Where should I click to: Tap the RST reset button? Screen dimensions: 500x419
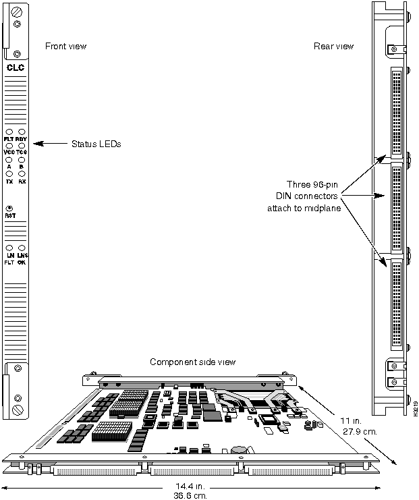point(10,209)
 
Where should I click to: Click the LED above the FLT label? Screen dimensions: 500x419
point(9,132)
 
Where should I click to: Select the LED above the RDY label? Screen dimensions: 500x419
point(22,132)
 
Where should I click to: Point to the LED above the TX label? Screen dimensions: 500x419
point(9,174)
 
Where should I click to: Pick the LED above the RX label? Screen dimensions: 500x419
point(22,174)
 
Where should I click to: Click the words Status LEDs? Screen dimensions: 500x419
point(96,143)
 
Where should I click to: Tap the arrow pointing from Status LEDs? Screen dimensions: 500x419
point(47,143)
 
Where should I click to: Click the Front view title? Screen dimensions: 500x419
point(65,46)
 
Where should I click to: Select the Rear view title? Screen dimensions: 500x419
point(333,46)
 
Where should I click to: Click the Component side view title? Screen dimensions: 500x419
point(192,362)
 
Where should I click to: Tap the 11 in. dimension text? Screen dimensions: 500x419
point(349,420)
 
